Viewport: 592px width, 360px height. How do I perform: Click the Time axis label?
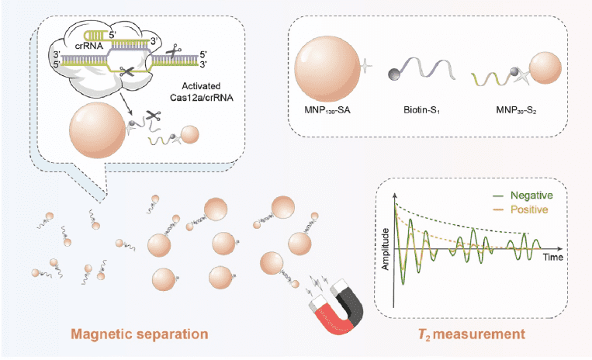pyautogui.click(x=554, y=256)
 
